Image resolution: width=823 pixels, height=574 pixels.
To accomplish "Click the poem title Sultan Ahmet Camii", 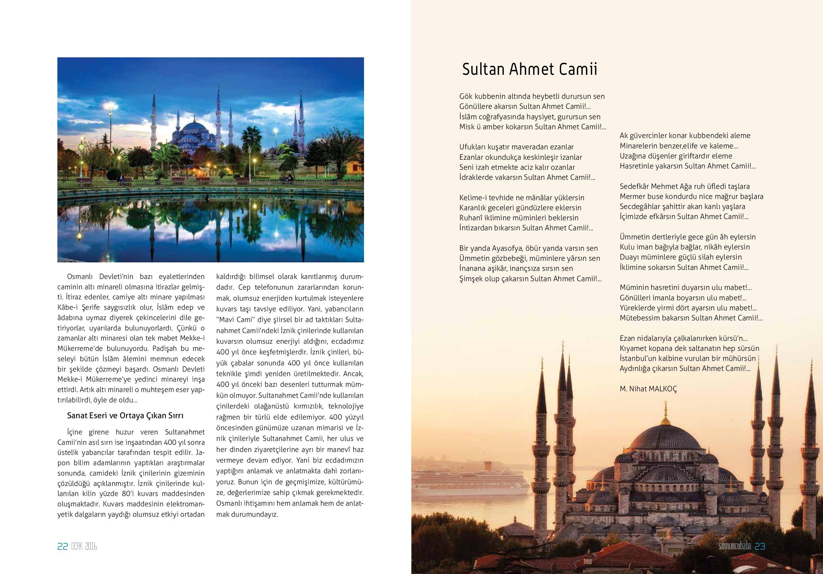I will [529, 69].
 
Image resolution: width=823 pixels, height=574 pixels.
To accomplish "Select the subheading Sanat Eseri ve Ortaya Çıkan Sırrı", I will [125, 416].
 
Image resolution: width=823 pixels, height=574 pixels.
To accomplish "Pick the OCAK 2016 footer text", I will [84, 547].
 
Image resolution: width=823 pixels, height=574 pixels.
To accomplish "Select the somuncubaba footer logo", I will [735, 546].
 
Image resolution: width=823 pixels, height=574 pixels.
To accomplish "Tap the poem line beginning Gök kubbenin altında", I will [532, 97].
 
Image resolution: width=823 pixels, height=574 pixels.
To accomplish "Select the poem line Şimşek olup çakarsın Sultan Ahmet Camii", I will [530, 279].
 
